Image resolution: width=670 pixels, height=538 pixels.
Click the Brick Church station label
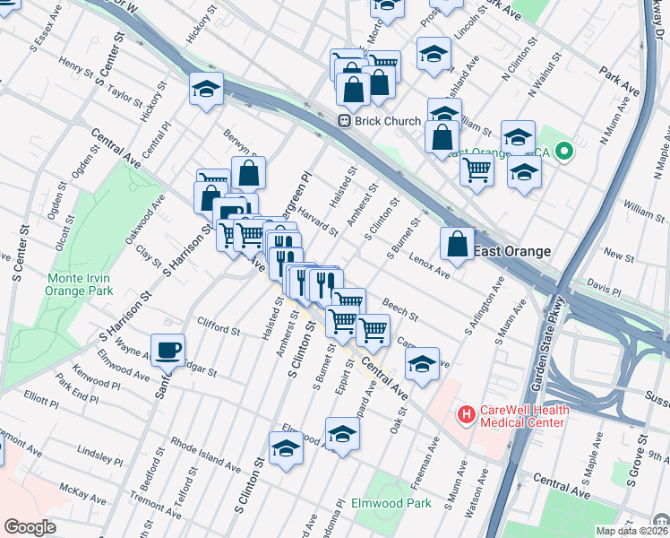[x=388, y=121]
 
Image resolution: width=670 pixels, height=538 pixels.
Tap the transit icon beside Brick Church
[x=343, y=121]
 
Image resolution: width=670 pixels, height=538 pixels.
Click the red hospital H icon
[x=466, y=415]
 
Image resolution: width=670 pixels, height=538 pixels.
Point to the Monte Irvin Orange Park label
[x=80, y=284]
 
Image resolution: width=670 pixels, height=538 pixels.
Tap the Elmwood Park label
[x=392, y=503]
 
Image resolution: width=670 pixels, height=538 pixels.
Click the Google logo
[x=30, y=527]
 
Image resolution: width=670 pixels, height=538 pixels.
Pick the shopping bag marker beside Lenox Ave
[x=457, y=243]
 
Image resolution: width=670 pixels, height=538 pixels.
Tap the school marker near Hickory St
[x=206, y=90]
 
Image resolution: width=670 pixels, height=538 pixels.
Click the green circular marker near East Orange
[x=563, y=152]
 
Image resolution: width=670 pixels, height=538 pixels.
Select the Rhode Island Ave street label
[x=205, y=455]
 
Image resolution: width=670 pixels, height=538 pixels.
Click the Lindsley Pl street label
[x=100, y=454]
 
